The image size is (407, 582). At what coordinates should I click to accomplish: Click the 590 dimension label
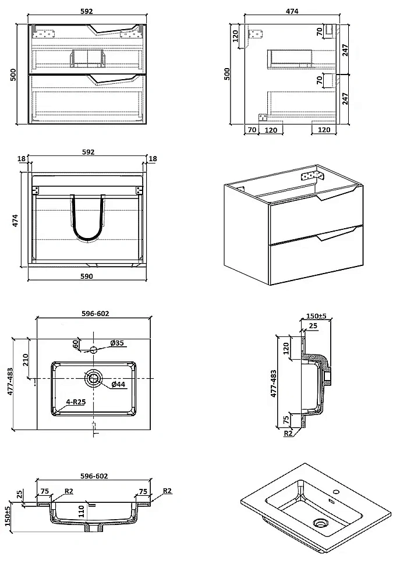pyautogui.click(x=87, y=276)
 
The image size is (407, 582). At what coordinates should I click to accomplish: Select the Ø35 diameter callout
pyautogui.click(x=117, y=343)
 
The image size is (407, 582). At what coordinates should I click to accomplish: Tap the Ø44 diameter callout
pyautogui.click(x=118, y=384)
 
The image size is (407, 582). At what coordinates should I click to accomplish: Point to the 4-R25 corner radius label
pyautogui.click(x=76, y=402)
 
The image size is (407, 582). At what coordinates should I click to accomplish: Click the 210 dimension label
pyautogui.click(x=26, y=359)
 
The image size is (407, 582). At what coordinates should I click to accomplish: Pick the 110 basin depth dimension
pyautogui.click(x=82, y=512)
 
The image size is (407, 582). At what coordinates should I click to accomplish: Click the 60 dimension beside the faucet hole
pyautogui.click(x=75, y=344)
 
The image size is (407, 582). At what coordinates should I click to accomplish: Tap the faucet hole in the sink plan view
pyautogui.click(x=94, y=349)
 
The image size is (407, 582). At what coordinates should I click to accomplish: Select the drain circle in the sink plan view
pyautogui.click(x=93, y=378)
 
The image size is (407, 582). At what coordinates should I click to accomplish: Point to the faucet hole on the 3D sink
pyautogui.click(x=337, y=492)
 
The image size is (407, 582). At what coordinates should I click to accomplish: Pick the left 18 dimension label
pyautogui.click(x=22, y=158)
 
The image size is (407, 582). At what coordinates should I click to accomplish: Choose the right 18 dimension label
pyautogui.click(x=153, y=158)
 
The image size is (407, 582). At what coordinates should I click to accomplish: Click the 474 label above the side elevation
pyautogui.click(x=292, y=11)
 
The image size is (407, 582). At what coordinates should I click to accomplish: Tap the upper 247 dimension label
pyautogui.click(x=345, y=50)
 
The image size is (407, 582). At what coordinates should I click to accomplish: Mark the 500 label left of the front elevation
pyautogui.click(x=13, y=74)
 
